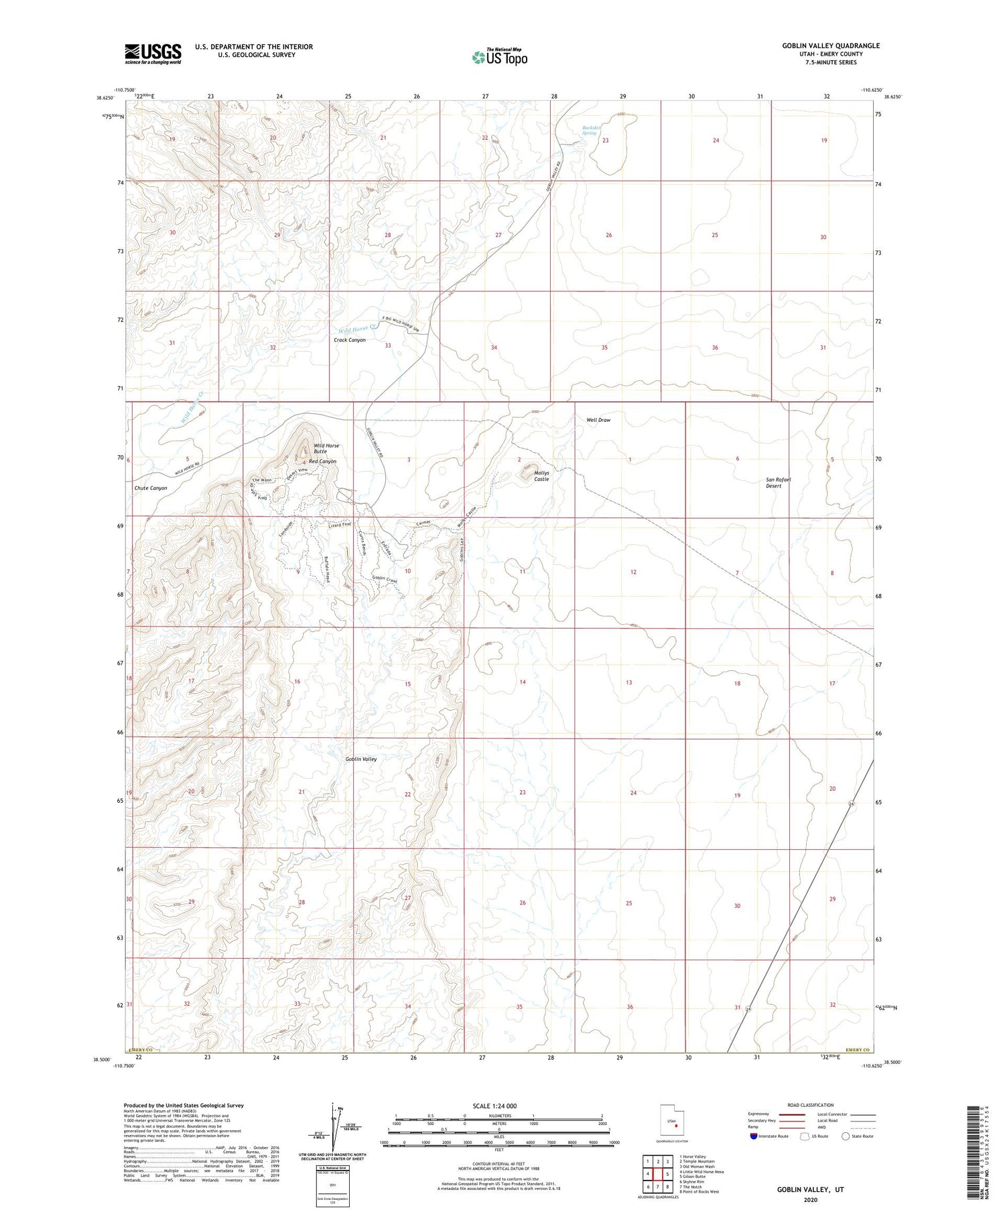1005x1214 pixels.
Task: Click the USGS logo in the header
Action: click(x=153, y=54)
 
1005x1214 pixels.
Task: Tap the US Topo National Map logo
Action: click(x=500, y=57)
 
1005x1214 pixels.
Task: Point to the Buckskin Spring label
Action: click(x=589, y=130)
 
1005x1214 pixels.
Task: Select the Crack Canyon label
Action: click(x=350, y=340)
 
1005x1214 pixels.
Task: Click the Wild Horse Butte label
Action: click(x=326, y=448)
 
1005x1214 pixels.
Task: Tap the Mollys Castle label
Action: click(x=541, y=476)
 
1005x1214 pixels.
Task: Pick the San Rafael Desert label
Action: click(x=778, y=482)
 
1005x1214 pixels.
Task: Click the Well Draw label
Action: click(x=598, y=420)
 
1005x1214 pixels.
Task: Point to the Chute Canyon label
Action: click(x=151, y=488)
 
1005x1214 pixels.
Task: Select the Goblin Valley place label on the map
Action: click(x=360, y=759)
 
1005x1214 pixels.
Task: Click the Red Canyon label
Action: click(x=322, y=461)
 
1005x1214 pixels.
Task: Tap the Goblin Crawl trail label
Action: click(x=385, y=580)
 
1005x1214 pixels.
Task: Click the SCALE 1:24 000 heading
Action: click(x=498, y=1106)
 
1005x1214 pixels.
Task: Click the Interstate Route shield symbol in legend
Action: click(x=754, y=1136)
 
